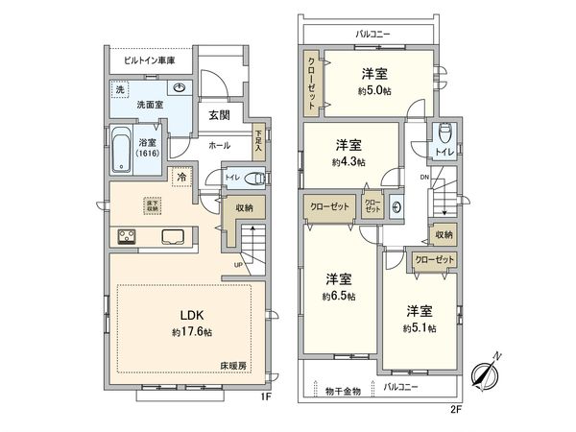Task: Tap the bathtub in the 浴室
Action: click(122, 150)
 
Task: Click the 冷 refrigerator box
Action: click(180, 176)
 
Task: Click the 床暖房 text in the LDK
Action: click(234, 367)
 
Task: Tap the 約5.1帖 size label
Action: click(419, 328)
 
